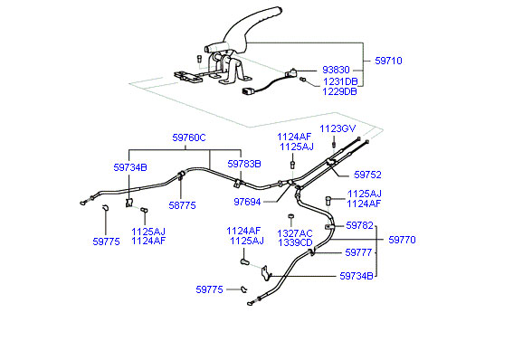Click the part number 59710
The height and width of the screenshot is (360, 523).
coord(388,61)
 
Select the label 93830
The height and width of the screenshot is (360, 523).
coord(336,70)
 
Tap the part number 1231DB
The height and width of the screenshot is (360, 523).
coord(340,81)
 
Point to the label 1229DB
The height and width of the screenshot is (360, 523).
coord(339,91)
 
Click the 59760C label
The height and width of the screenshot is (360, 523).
coord(189,137)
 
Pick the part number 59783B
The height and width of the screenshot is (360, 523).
coord(244,164)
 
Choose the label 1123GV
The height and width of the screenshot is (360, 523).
coord(338,128)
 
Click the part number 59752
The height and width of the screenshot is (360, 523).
coord(367,175)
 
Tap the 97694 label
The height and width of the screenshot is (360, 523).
coord(247,202)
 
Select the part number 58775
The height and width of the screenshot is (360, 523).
coord(182,205)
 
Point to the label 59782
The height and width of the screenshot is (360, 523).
coord(359,225)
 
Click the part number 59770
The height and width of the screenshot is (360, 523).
coord(402,240)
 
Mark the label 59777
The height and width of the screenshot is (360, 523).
coord(358,252)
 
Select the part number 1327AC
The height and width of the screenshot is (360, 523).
coord(295,233)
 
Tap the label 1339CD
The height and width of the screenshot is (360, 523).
coord(295,242)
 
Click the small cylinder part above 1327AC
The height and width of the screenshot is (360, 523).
coord(290,217)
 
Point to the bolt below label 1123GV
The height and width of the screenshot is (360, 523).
coord(333,144)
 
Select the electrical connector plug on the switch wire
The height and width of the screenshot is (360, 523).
coord(247,91)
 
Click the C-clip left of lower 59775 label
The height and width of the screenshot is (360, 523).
coord(243,289)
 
